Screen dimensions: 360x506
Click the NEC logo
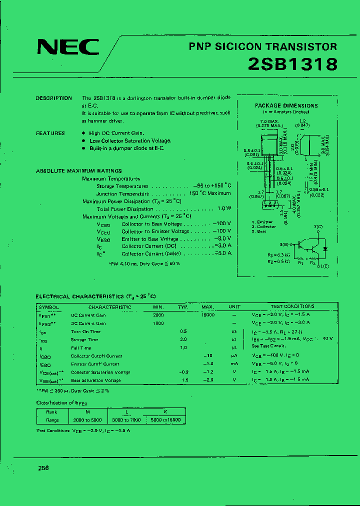point(68,47)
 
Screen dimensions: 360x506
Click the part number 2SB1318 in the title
point(293,64)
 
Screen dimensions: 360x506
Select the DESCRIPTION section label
point(53,98)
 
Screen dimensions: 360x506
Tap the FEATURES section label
point(50,133)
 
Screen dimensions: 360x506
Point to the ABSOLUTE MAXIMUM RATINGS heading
point(78,171)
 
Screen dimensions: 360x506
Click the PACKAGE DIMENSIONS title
point(286,105)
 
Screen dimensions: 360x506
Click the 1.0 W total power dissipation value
point(224,209)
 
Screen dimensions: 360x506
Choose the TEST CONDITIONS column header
point(292,306)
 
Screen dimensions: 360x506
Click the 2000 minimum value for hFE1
point(158,315)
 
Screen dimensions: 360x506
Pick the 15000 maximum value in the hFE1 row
point(207,315)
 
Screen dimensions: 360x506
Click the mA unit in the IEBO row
point(234,364)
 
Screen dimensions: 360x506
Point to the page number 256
point(43,467)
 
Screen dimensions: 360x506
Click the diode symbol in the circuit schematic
point(325,248)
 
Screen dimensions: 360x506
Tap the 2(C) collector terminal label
point(318,227)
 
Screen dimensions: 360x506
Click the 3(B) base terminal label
point(284,244)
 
